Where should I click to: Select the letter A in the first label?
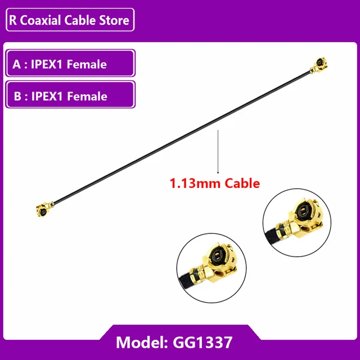(16, 64)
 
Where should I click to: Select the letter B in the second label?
(16, 96)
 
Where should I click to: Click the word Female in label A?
(87, 64)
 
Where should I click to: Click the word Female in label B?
(87, 96)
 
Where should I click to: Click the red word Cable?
(242, 183)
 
